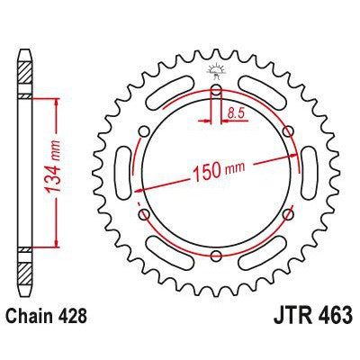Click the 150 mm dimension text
point(219,172)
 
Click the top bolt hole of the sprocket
point(216,89)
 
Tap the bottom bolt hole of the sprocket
point(216,256)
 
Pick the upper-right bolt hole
point(288,130)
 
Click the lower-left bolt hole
point(145,214)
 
